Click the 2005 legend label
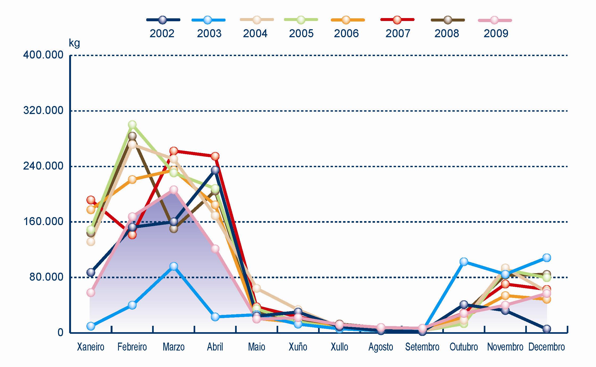tap(301, 33)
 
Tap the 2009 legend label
tap(496, 33)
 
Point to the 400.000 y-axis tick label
tap(43, 55)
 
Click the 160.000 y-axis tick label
tap(43, 221)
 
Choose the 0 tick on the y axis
tap(60, 332)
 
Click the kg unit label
tap(74, 43)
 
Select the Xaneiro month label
tap(90, 347)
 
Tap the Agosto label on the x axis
tap(381, 347)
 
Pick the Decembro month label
tap(547, 347)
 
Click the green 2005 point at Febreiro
tap(132, 125)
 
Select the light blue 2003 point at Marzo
tap(174, 266)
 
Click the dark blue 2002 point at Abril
tap(215, 170)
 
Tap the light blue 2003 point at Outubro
tap(464, 262)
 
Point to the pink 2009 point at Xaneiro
tap(91, 293)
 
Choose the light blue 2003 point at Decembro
tap(547, 258)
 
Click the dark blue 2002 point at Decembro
tap(547, 329)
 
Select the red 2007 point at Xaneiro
tap(91, 200)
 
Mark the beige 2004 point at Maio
tap(257, 288)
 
